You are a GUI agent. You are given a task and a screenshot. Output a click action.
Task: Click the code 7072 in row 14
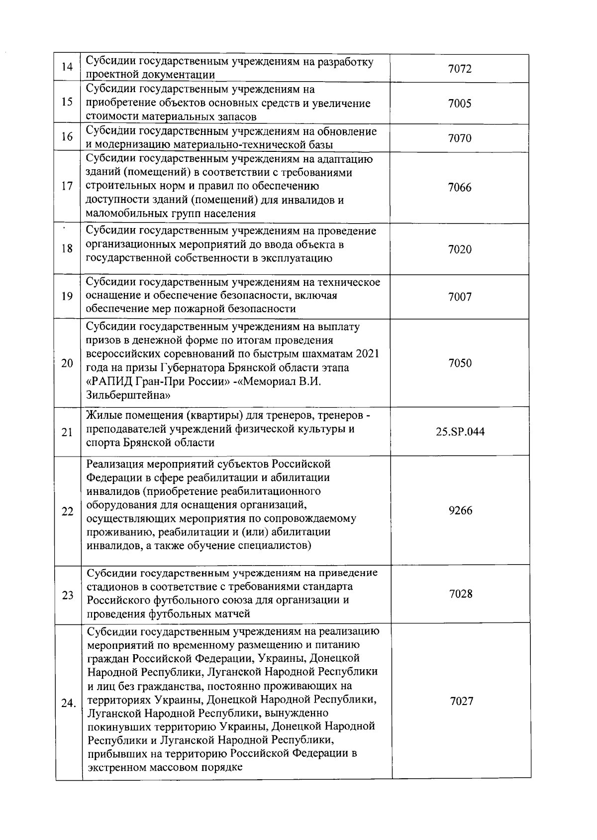tap(459, 69)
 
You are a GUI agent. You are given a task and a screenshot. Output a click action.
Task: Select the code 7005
tap(459, 104)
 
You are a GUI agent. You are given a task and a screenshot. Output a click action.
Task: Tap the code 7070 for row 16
tap(459, 138)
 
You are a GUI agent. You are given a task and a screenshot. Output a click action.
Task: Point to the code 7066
tap(459, 187)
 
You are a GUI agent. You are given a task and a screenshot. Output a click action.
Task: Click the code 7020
tap(459, 249)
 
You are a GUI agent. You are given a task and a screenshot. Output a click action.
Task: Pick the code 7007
tap(459, 297)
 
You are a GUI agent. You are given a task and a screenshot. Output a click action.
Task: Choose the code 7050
tap(460, 363)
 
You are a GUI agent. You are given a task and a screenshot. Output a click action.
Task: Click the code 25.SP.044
tap(460, 432)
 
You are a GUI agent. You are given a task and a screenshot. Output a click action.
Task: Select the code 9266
tap(460, 510)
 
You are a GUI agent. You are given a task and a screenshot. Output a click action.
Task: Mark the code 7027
tap(461, 701)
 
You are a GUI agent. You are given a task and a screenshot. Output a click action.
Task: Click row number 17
tap(67, 187)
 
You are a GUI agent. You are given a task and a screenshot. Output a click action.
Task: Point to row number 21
tap(67, 432)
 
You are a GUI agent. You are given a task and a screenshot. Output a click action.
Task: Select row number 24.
tap(68, 704)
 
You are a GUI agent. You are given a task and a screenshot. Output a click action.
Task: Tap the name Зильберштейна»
tap(128, 396)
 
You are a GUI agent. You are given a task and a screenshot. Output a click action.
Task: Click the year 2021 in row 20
tap(367, 354)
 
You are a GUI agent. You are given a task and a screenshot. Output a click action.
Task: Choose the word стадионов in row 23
tap(112, 586)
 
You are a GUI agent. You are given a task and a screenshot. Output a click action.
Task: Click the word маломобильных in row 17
tap(125, 214)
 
